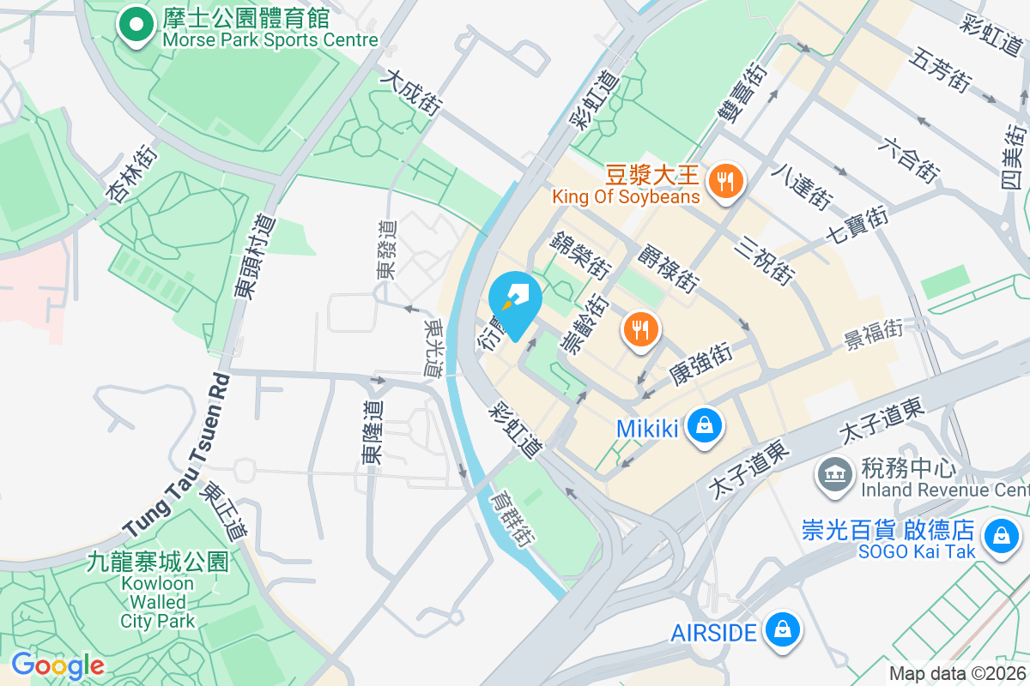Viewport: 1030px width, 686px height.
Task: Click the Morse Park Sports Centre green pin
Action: tap(133, 25)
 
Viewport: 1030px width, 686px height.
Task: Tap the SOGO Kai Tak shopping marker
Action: tap(1000, 537)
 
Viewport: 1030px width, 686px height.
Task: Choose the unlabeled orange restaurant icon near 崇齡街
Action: tap(640, 328)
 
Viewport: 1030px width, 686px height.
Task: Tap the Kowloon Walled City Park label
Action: tap(158, 591)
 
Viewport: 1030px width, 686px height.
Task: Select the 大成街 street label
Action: tap(413, 93)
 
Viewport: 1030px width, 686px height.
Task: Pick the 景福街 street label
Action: tap(873, 332)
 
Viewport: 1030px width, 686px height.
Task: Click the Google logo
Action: tap(58, 665)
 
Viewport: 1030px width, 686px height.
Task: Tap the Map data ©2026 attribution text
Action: tap(956, 674)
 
